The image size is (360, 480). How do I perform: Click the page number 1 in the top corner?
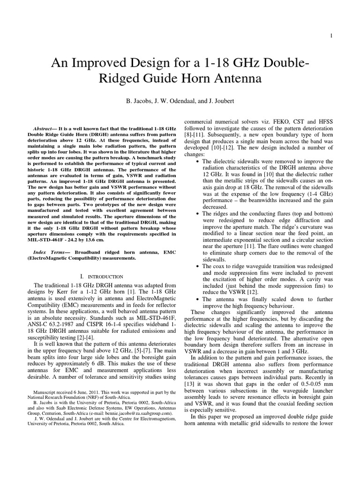(331, 36)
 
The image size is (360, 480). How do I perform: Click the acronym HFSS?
(323, 121)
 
